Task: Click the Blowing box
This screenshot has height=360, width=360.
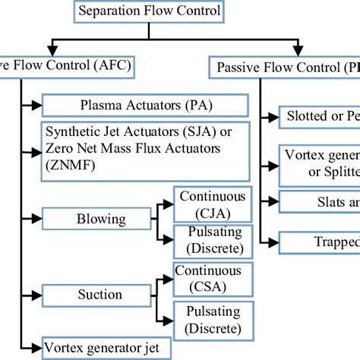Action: pyautogui.click(x=101, y=219)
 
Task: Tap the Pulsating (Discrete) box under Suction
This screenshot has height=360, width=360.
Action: pyautogui.click(x=207, y=320)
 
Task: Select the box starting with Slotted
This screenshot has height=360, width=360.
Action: pyautogui.click(x=320, y=117)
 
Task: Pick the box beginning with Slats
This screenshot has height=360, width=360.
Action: pyautogui.click(x=320, y=201)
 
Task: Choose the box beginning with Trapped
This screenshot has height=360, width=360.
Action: pyautogui.click(x=320, y=242)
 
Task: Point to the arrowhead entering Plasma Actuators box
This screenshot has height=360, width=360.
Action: pyautogui.click(x=37, y=104)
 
